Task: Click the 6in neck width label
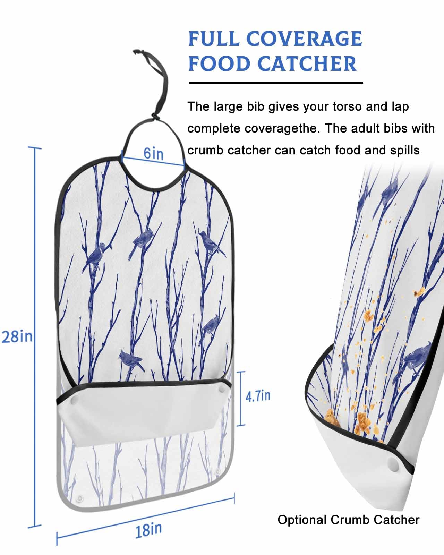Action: coord(154,153)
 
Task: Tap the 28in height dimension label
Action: coord(17,336)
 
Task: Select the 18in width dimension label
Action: coord(148,530)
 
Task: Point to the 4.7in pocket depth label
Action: coord(258,396)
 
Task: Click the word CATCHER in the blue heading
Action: coord(307,64)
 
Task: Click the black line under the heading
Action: coord(275,83)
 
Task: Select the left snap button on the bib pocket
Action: coord(74,401)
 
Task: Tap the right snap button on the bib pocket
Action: coord(222,390)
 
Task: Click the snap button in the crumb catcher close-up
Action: coord(392,464)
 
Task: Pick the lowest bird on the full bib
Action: coord(130,360)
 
